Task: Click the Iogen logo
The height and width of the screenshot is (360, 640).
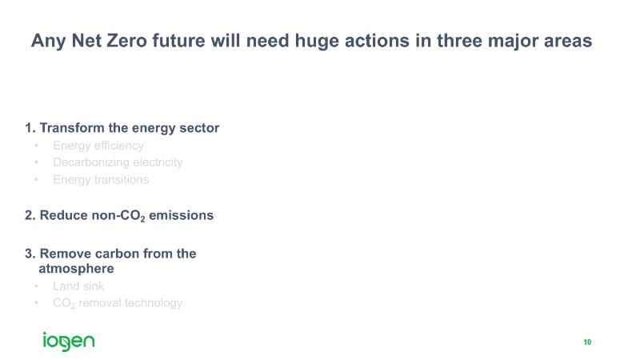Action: click(x=69, y=342)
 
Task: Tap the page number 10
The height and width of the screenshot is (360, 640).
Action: click(x=587, y=342)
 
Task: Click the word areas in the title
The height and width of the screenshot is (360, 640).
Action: click(x=568, y=42)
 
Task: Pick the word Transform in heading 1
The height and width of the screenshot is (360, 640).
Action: click(x=72, y=128)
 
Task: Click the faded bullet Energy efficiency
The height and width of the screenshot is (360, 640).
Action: click(x=98, y=146)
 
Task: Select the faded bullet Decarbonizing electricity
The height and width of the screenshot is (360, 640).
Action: click(x=118, y=162)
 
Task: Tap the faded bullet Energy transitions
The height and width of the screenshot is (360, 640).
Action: click(x=101, y=179)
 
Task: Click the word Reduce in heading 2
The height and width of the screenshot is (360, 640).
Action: click(x=63, y=215)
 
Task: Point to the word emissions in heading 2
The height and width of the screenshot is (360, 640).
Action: click(x=182, y=215)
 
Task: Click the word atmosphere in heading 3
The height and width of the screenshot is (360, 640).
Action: click(x=76, y=269)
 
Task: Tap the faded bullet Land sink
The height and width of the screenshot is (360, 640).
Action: click(x=78, y=286)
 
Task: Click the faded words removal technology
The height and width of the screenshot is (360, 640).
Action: click(x=130, y=303)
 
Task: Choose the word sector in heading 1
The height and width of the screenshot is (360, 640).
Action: click(x=199, y=128)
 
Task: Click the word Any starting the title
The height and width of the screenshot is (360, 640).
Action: click(x=48, y=42)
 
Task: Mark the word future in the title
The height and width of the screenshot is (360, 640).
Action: click(x=178, y=42)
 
